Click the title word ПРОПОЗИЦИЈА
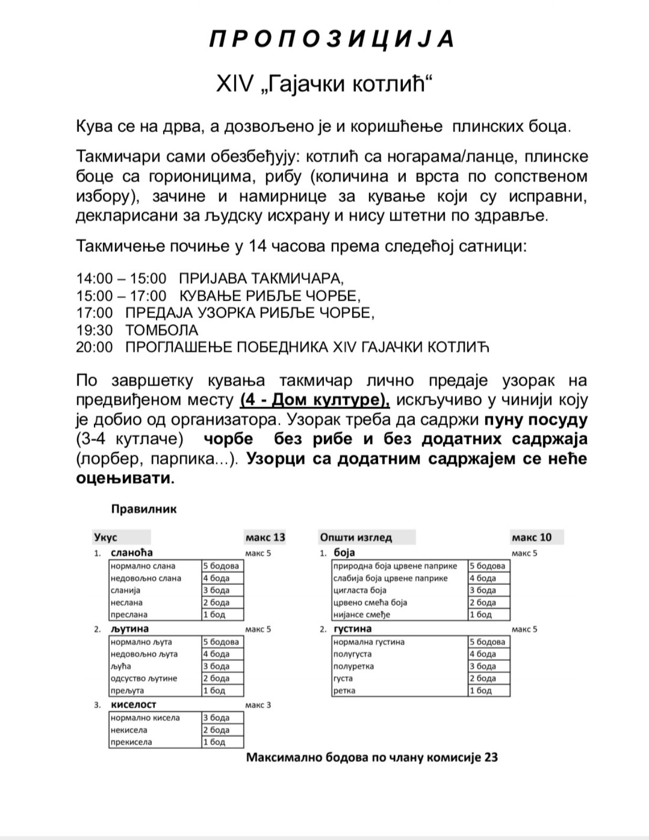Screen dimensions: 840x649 click(x=332, y=39)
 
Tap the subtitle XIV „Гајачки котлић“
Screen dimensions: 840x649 click(x=324, y=85)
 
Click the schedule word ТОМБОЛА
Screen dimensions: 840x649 click(x=162, y=330)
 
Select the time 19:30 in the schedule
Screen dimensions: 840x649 click(x=95, y=330)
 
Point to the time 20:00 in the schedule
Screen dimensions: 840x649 click(x=95, y=347)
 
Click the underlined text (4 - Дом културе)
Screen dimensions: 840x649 click(x=315, y=400)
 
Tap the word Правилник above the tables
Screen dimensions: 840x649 click(x=144, y=509)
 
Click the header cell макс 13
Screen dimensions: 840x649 click(x=265, y=537)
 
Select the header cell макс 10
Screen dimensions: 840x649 click(x=532, y=537)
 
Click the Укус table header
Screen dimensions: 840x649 click(x=106, y=537)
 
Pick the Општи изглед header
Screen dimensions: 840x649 click(x=356, y=537)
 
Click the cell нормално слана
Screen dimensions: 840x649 click(x=143, y=566)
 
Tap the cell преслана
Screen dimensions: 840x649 click(x=129, y=615)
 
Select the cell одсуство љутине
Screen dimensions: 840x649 click(x=144, y=679)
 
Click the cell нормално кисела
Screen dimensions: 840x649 click(x=145, y=718)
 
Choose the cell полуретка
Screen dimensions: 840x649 click(x=353, y=667)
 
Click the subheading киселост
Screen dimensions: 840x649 click(x=133, y=704)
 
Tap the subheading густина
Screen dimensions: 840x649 click(x=353, y=629)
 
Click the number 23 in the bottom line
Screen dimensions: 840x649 click(x=491, y=758)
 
